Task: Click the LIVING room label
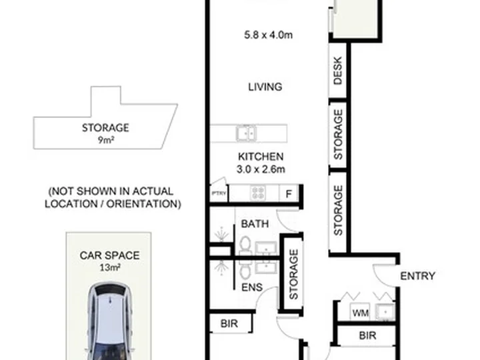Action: [x=265, y=87]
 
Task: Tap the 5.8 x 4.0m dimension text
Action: [x=268, y=35]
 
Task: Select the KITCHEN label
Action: [x=261, y=157]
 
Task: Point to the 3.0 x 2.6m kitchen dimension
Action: [x=261, y=169]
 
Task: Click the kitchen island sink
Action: [x=246, y=133]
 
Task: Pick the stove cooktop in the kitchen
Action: [x=258, y=193]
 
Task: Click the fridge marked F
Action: [x=289, y=193]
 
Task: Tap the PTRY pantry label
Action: [x=219, y=193]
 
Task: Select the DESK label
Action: [x=337, y=71]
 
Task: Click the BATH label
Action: [x=255, y=224]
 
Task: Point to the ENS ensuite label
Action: [x=252, y=287]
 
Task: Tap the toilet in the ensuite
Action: [x=245, y=270]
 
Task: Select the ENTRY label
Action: [x=417, y=276]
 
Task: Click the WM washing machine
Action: [x=360, y=313]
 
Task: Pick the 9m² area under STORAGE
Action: [x=106, y=140]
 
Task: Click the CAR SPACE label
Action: [x=109, y=255]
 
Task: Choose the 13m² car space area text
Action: [x=109, y=267]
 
